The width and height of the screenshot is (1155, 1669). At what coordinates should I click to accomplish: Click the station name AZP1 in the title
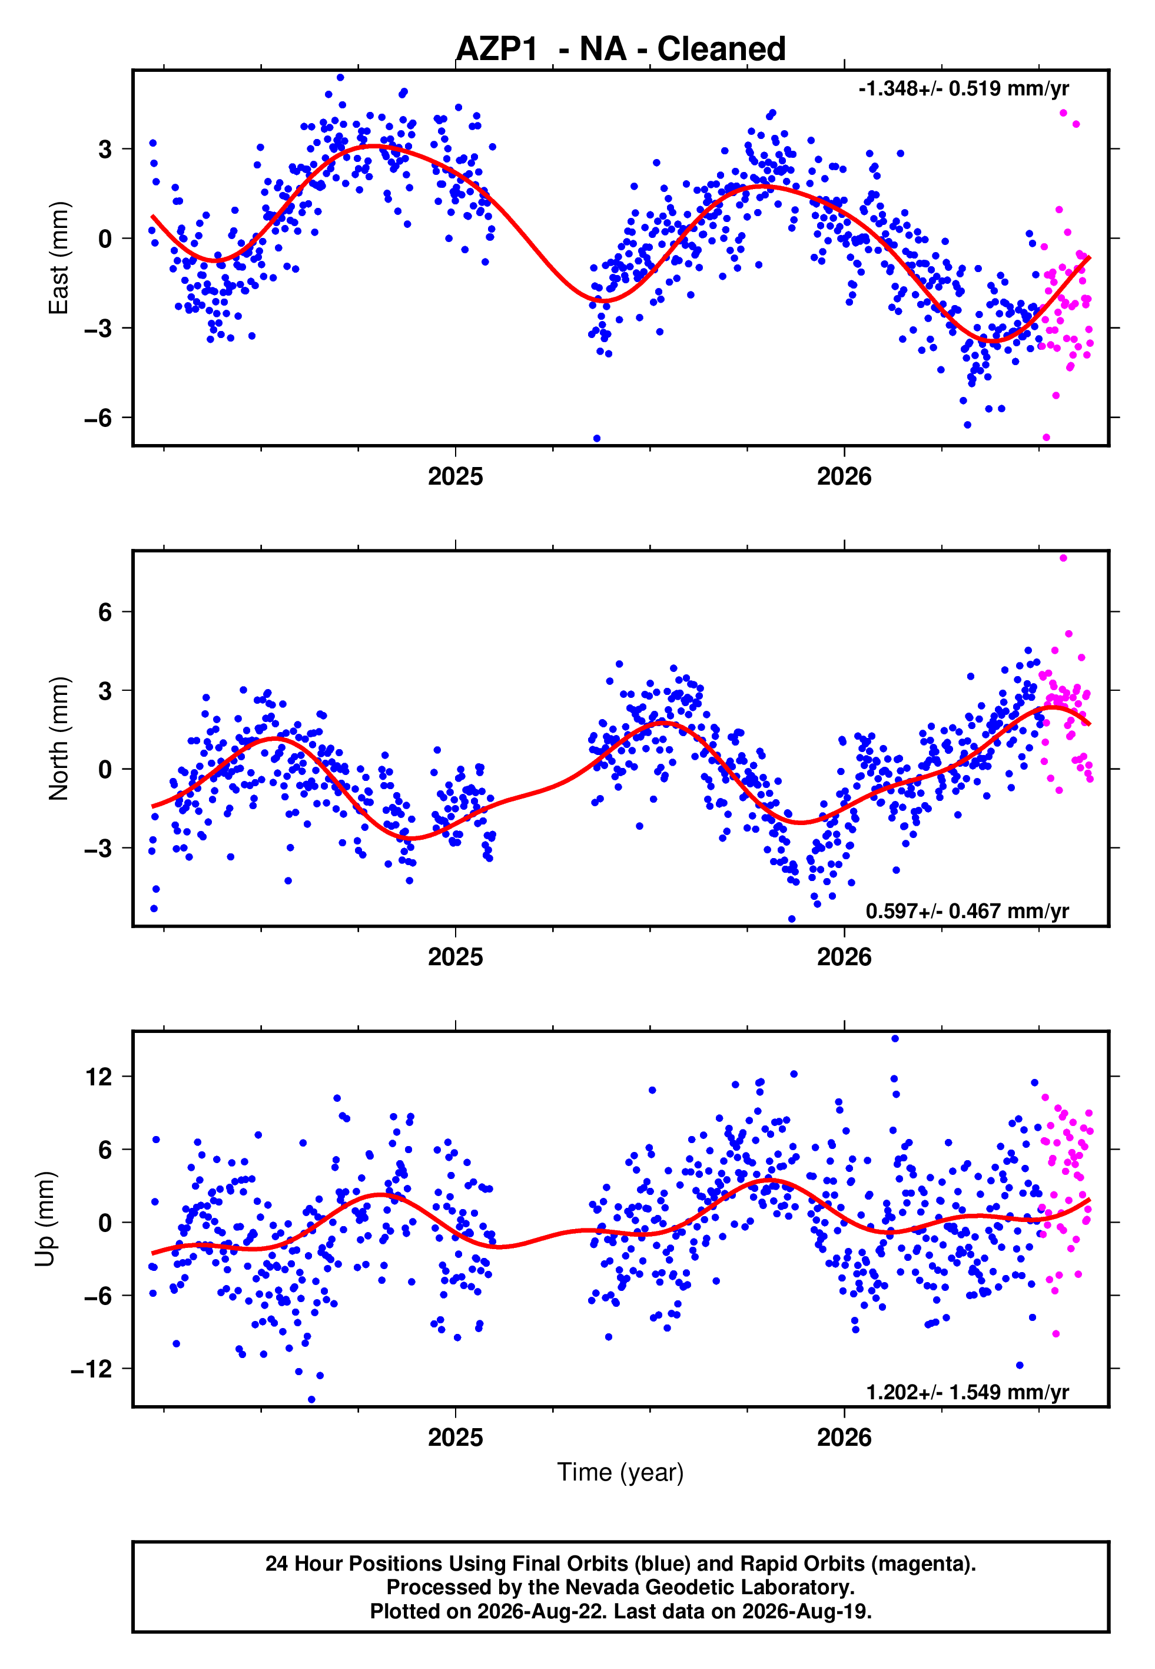(497, 49)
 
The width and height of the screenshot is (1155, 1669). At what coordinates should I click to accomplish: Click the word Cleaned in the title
(722, 49)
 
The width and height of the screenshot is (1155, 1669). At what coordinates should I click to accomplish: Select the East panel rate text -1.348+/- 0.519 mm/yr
(963, 89)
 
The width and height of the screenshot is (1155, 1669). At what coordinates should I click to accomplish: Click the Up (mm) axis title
(45, 1219)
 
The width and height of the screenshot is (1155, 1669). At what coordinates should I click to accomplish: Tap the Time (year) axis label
(620, 1472)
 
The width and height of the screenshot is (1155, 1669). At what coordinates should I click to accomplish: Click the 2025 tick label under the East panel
(455, 476)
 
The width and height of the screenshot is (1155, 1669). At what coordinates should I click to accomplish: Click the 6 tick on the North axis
(105, 612)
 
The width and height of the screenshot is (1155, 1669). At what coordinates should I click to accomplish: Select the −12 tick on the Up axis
(92, 1369)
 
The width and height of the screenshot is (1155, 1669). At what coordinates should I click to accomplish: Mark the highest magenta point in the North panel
(1063, 558)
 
